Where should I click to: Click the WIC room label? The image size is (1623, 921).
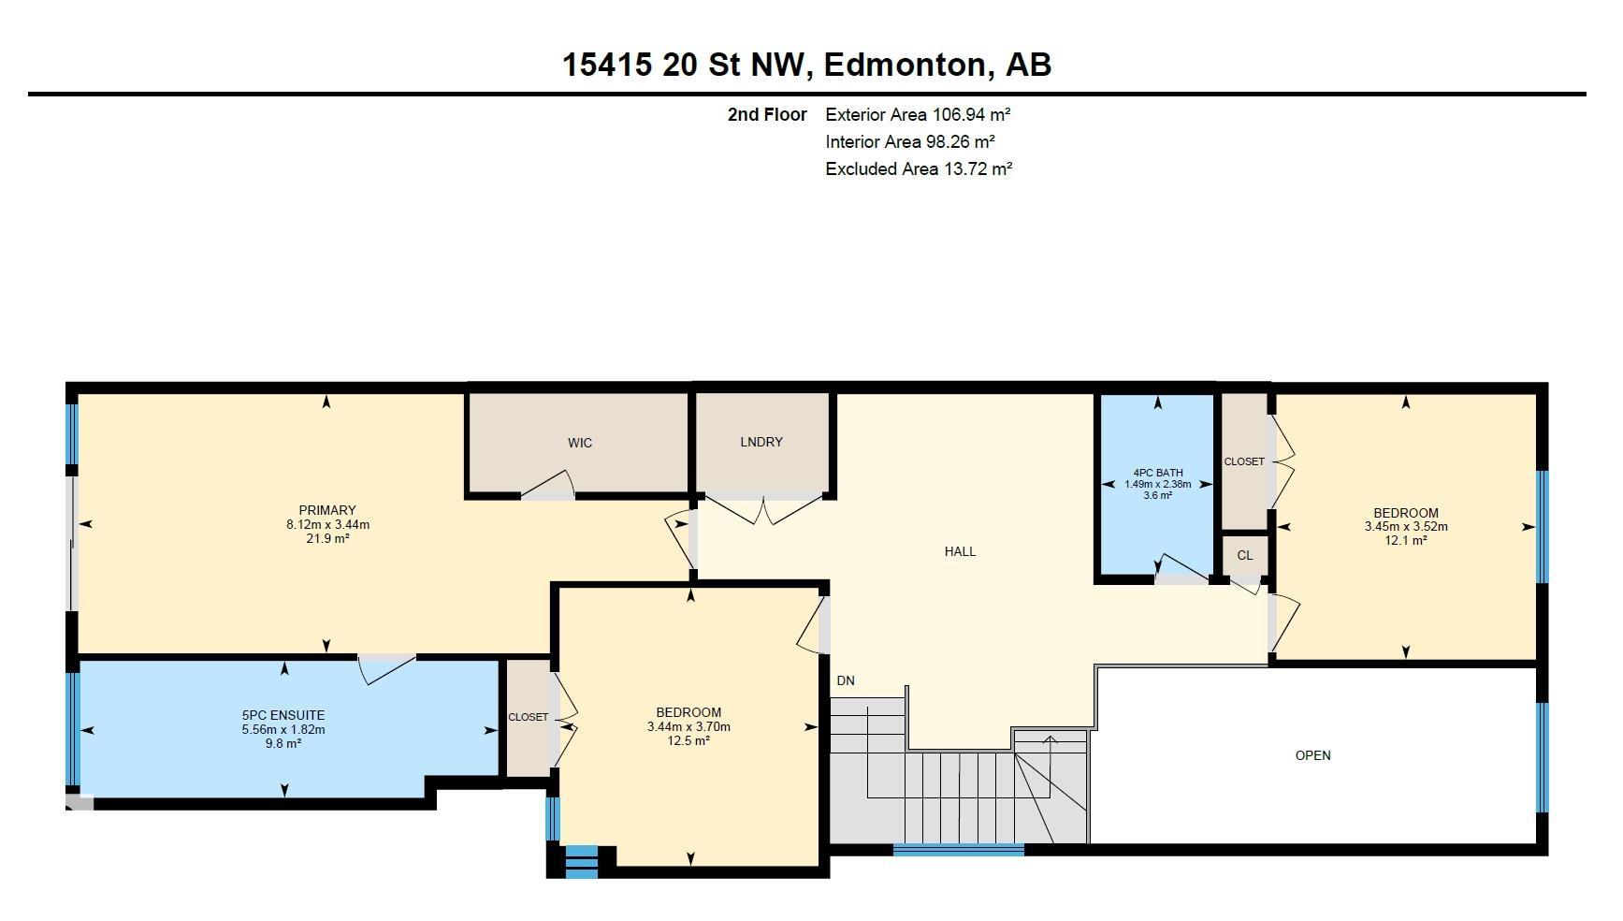tap(580, 443)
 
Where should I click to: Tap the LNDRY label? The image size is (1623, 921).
tap(761, 442)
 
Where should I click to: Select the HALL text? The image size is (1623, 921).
tap(960, 551)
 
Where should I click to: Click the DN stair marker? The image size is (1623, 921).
tap(846, 680)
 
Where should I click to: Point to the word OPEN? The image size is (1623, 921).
tap(1312, 755)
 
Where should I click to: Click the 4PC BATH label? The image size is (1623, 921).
tap(1158, 473)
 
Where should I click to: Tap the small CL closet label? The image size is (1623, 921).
tap(1245, 555)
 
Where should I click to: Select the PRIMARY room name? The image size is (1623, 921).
tap(327, 510)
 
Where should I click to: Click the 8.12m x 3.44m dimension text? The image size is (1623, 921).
tap(327, 524)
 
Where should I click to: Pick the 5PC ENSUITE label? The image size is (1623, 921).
tap(284, 716)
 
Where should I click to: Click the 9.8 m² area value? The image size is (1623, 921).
tap(284, 743)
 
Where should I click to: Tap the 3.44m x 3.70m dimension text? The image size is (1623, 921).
tap(688, 726)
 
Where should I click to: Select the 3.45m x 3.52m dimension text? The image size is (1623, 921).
tap(1406, 526)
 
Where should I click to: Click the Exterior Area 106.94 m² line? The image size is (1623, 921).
tap(918, 114)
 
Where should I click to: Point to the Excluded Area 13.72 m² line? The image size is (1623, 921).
tap(919, 168)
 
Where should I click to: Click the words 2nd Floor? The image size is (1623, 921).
tap(767, 114)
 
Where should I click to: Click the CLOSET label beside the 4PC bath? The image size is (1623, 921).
tap(1244, 461)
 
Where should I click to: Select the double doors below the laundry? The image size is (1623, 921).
tap(765, 511)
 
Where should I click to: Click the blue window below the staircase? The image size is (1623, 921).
tap(958, 849)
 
